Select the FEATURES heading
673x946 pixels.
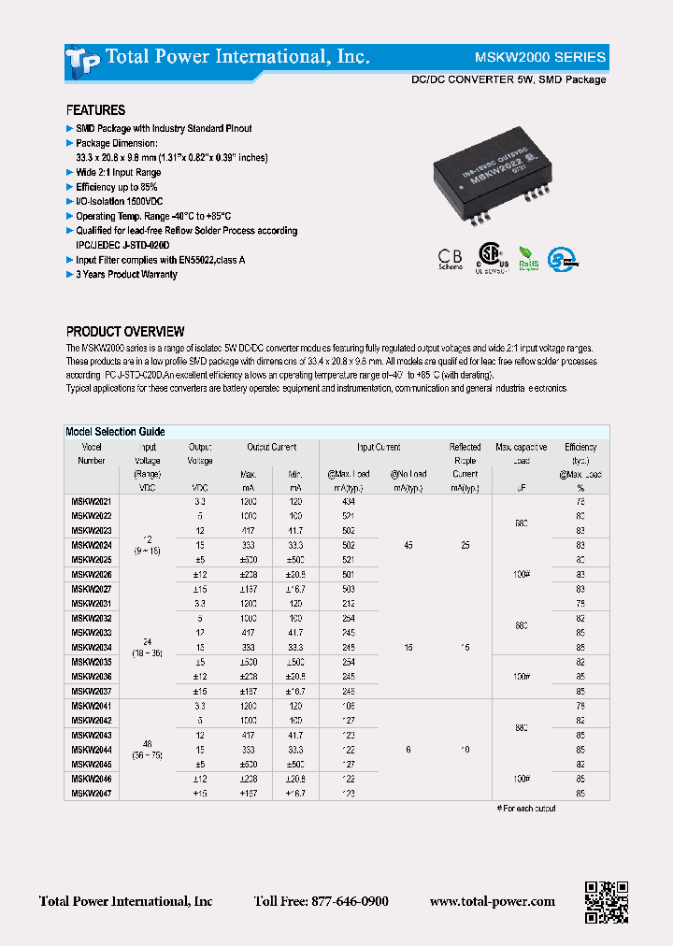coord(95,110)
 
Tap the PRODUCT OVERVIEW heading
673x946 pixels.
coord(125,332)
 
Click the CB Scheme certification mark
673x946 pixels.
coord(450,257)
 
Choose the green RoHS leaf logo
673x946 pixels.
coord(527,257)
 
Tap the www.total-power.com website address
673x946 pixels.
coord(492,901)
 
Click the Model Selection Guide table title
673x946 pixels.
coord(115,432)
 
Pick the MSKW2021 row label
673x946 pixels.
coord(92,501)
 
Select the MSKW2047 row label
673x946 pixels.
coord(92,793)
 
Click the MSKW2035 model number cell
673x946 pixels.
coord(92,662)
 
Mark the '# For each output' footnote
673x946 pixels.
coord(525,808)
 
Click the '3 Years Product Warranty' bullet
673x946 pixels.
coord(126,275)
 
